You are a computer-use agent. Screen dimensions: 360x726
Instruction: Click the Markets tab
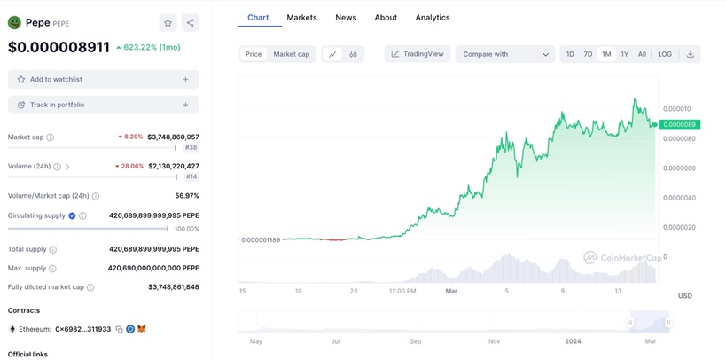(x=301, y=17)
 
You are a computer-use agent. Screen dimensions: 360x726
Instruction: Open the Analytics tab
(x=433, y=17)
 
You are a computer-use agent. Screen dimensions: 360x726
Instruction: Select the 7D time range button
(x=588, y=54)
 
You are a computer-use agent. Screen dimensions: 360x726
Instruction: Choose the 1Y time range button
(x=624, y=54)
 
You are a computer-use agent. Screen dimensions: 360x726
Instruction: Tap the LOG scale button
(x=665, y=54)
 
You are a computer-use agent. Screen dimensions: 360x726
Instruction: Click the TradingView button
(x=418, y=54)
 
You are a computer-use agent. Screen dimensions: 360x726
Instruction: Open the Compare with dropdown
(x=505, y=54)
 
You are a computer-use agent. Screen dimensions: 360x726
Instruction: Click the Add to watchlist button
(x=103, y=79)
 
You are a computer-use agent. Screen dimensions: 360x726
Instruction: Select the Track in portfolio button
(x=103, y=105)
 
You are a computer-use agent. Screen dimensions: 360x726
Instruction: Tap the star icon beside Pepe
(x=168, y=22)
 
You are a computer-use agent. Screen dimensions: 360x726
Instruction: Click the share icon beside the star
(x=190, y=22)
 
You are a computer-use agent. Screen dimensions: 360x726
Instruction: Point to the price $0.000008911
(x=59, y=47)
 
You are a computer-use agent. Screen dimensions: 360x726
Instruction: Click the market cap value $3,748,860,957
(x=173, y=137)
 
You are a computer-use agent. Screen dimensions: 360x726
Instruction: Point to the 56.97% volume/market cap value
(x=187, y=195)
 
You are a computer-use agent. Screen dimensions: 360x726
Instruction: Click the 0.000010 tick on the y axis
(x=677, y=109)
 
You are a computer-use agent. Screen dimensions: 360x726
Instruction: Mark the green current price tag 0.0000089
(x=678, y=124)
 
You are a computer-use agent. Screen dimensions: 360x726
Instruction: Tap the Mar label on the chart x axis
(x=451, y=290)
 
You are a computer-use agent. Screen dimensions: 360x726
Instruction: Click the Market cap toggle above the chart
(x=291, y=54)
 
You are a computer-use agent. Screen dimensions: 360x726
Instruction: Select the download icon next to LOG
(x=690, y=54)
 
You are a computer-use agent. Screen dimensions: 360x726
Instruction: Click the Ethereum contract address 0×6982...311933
(x=83, y=329)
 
